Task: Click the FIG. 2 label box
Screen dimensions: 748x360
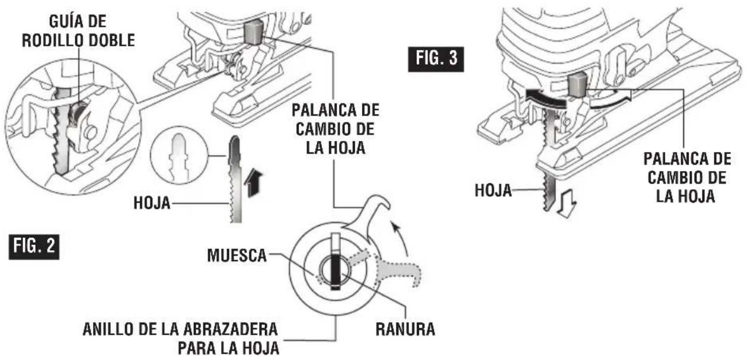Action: [34, 247]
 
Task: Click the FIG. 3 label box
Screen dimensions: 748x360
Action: [436, 59]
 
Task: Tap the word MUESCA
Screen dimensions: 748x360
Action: [237, 256]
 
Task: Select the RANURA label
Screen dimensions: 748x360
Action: [405, 330]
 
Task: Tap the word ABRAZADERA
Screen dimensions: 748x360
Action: [231, 330]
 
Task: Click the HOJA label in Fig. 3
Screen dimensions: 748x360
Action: [493, 191]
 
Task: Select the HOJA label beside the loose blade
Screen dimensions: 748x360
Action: [152, 203]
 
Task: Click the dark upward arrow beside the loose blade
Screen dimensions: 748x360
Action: [252, 183]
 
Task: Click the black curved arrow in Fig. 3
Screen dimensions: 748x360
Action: [546, 98]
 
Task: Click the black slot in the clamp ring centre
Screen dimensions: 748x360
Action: [335, 272]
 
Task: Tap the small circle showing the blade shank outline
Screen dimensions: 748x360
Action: [179, 155]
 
